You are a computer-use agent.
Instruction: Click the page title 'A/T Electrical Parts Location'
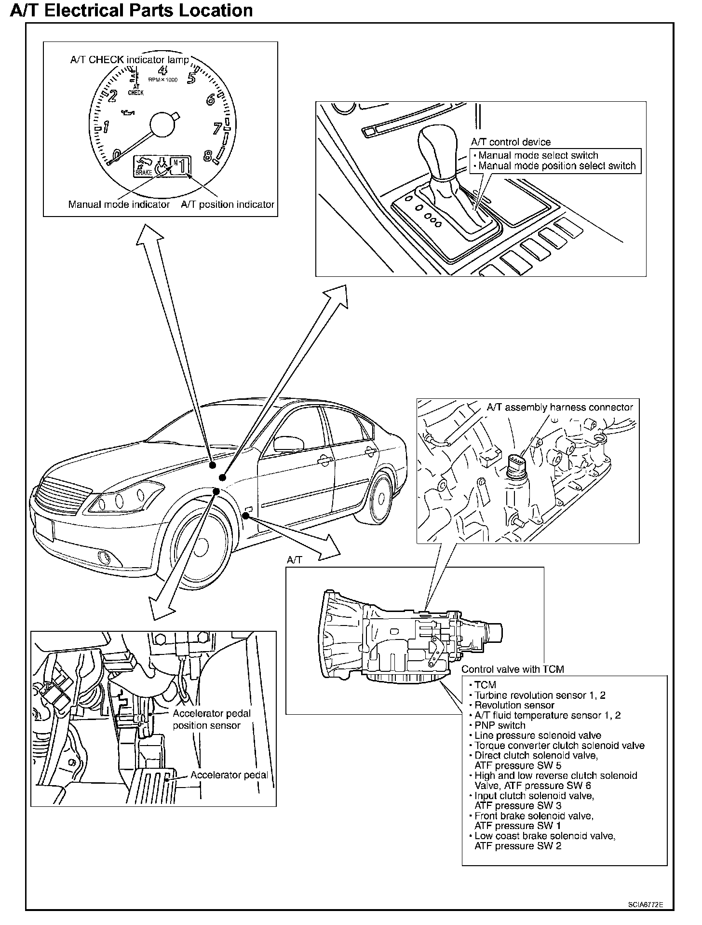click(131, 11)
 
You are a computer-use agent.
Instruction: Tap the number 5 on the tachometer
click(192, 78)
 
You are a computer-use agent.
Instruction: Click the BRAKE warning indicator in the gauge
click(143, 167)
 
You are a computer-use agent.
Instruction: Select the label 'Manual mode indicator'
click(119, 204)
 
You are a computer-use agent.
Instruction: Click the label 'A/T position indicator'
click(228, 204)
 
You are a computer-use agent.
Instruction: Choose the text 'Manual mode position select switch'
click(557, 166)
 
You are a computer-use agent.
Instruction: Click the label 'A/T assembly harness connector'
click(559, 408)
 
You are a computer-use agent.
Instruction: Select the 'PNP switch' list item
click(499, 725)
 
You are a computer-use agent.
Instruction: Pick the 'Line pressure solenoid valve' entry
click(538, 735)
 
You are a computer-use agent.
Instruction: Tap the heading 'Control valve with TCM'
click(513, 669)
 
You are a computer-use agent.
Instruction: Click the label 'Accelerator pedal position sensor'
click(212, 720)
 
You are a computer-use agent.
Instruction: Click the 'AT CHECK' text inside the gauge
click(136, 90)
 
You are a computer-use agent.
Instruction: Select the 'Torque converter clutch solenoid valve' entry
click(559, 746)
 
